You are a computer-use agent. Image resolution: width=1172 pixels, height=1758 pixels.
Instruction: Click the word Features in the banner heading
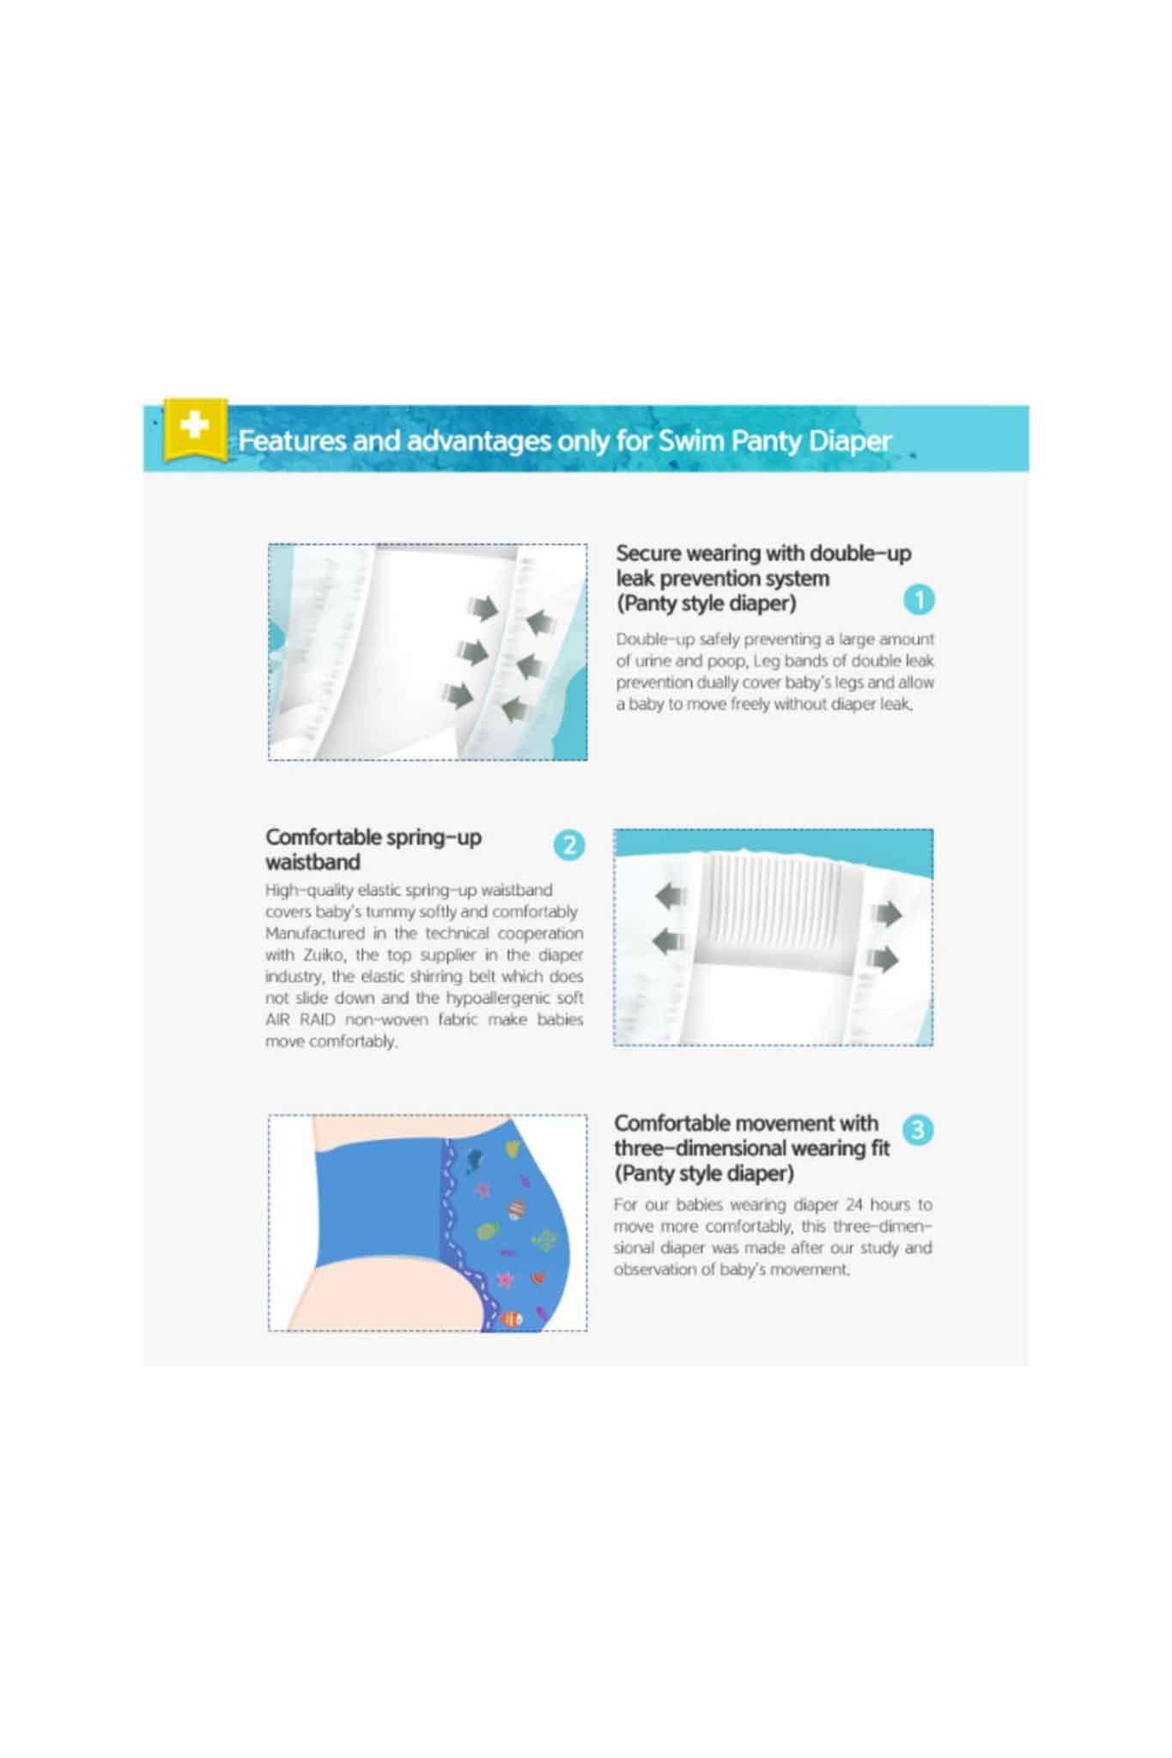292,440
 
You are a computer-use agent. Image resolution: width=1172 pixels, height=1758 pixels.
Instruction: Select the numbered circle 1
919,599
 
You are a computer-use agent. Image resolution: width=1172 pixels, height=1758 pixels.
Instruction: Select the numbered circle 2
569,845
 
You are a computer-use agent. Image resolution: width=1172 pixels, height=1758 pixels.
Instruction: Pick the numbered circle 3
918,1130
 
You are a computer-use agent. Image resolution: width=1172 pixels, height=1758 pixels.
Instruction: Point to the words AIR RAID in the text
301,1019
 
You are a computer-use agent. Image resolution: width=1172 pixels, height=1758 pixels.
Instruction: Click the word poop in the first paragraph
726,661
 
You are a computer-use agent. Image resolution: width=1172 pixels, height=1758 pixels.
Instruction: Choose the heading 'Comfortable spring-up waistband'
373,849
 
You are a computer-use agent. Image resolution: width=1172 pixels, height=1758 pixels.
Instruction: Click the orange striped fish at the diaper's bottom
512,1318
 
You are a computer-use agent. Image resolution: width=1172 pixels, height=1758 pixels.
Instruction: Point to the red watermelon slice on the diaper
538,1278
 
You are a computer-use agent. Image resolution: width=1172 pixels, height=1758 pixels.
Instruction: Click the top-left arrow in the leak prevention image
483,608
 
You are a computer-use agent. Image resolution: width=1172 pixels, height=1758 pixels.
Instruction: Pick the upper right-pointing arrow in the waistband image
887,914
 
